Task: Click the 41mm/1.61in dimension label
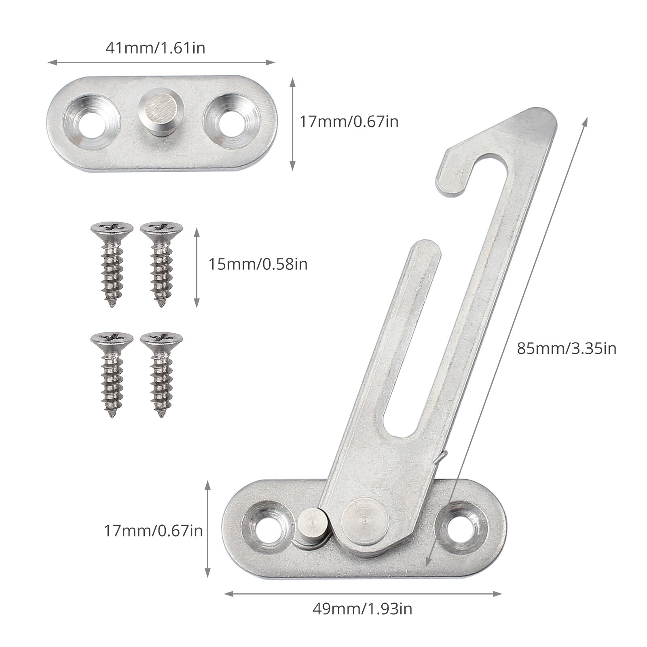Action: click(155, 48)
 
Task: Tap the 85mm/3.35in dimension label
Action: click(567, 348)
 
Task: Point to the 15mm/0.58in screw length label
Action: click(258, 264)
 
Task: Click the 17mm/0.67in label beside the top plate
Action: click(349, 121)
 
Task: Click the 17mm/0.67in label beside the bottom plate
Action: click(153, 530)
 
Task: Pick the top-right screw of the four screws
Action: click(161, 263)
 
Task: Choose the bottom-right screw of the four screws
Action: click(161, 374)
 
